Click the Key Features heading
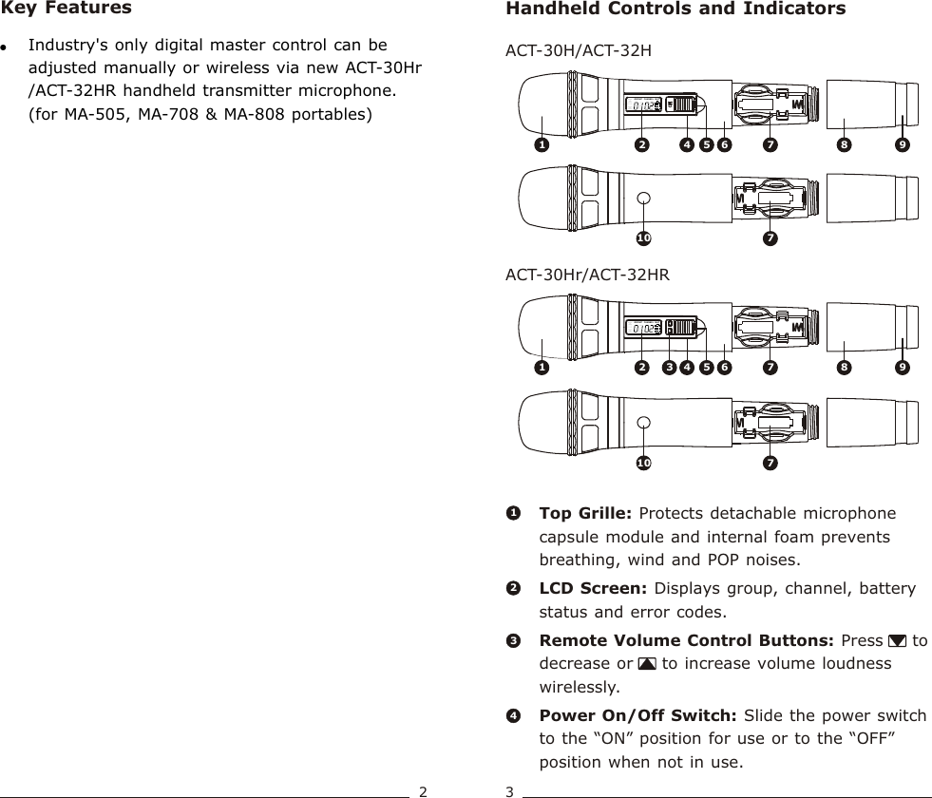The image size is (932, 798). point(67,9)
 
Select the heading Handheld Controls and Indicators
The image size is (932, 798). point(675,9)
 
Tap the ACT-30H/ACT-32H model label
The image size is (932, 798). point(578,48)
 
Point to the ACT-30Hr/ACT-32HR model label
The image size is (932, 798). point(587,275)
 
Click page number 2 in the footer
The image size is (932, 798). point(424,790)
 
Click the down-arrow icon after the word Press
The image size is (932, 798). point(897,640)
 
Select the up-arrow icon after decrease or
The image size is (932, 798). point(648,663)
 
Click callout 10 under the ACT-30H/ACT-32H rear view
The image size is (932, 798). point(643,236)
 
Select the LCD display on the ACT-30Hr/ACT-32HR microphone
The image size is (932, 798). point(643,328)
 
